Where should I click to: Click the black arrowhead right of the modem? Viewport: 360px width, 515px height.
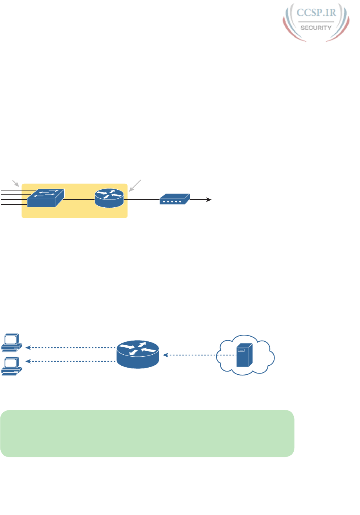coord(209,200)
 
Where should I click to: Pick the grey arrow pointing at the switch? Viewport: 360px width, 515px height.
coord(16,183)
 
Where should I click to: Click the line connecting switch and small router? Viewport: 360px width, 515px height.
coord(78,199)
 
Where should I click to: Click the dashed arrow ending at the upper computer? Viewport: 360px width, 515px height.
coord(71,347)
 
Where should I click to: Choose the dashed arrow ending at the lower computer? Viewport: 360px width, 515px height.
coord(71,362)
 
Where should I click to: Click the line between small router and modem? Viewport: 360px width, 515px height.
coord(141,199)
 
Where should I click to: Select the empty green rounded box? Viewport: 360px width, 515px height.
coord(147,433)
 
